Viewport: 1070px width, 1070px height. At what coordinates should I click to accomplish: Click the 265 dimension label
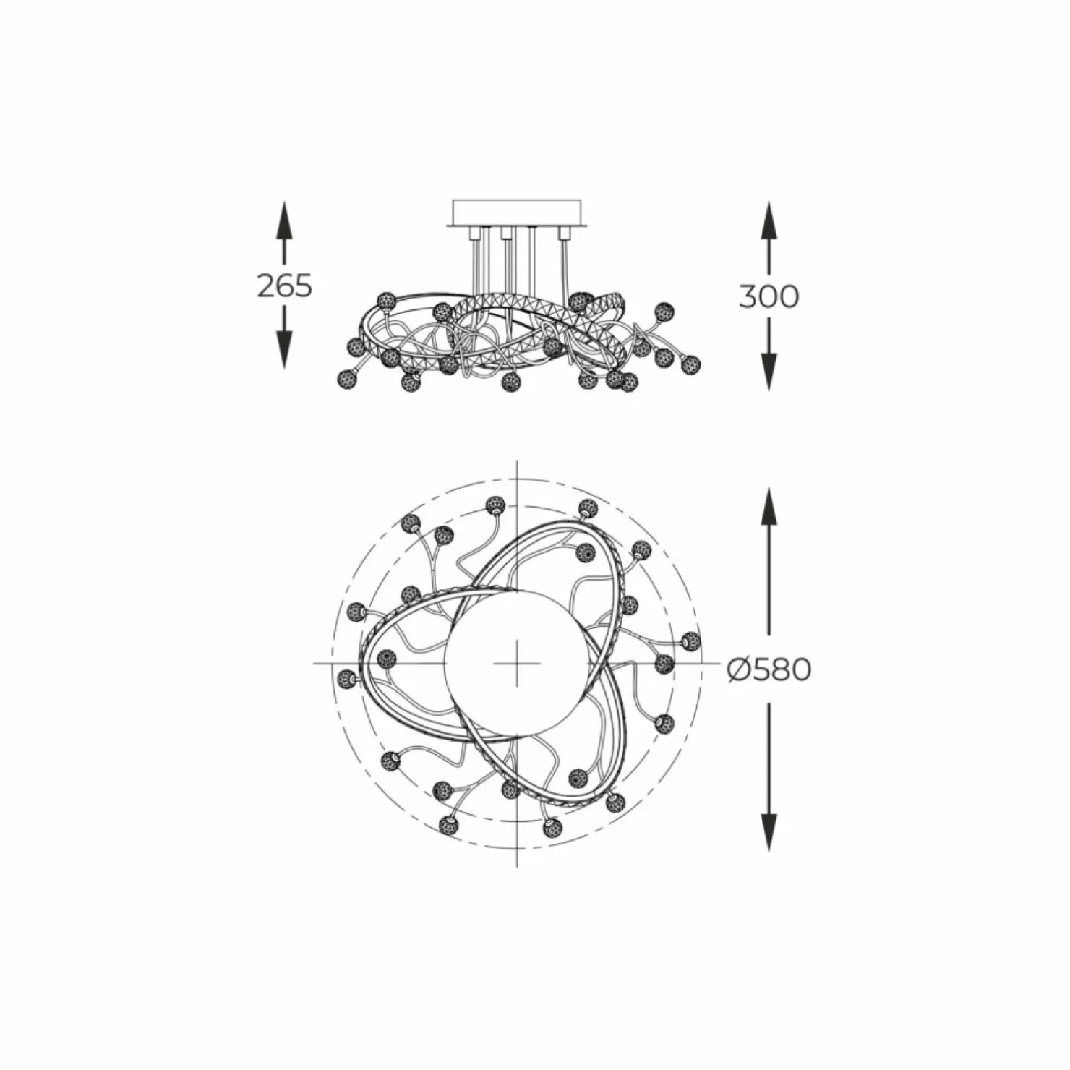pos(284,286)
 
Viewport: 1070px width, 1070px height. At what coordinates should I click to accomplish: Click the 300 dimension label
pos(769,296)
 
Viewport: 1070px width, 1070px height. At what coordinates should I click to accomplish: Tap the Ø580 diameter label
pos(769,670)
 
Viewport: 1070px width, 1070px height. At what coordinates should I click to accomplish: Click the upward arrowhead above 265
pos(284,220)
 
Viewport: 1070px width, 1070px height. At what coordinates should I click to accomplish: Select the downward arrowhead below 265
pos(284,350)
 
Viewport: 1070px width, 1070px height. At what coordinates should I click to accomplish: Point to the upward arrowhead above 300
pos(769,221)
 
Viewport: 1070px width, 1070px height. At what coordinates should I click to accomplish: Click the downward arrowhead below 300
pos(769,372)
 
